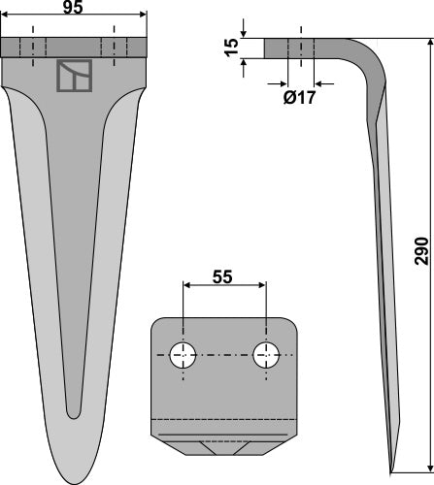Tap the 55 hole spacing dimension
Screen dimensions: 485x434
(x=221, y=303)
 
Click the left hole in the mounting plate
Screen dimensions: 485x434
(x=182, y=356)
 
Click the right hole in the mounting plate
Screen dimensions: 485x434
(x=264, y=356)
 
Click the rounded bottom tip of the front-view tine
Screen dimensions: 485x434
(x=75, y=477)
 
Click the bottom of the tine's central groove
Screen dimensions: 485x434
(x=75, y=412)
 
